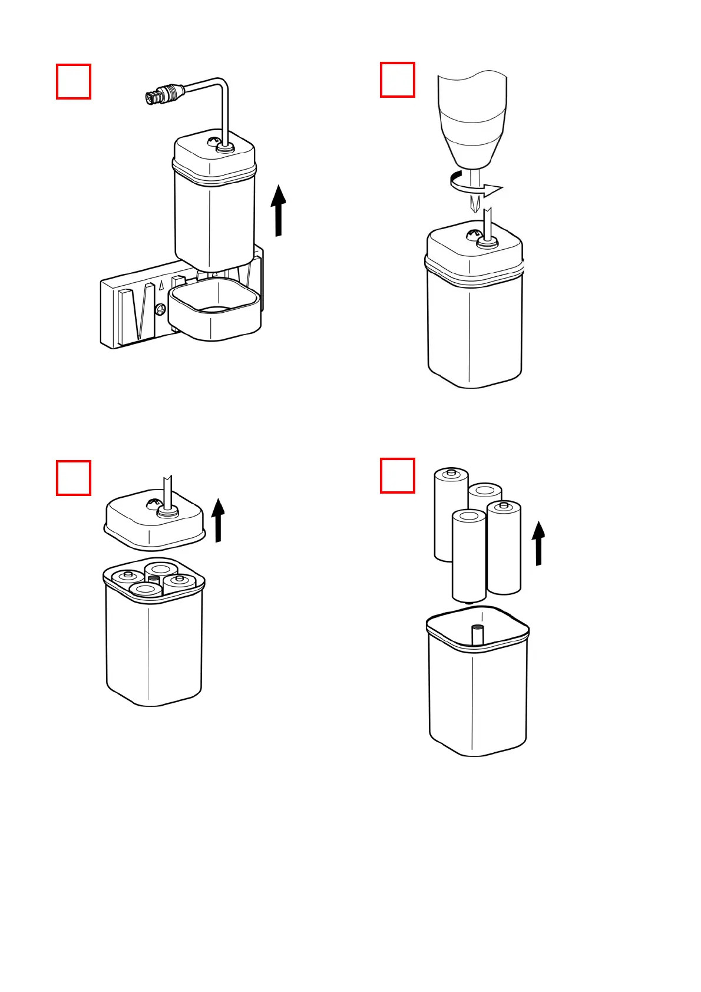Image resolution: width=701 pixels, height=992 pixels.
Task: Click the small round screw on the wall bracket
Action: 160,309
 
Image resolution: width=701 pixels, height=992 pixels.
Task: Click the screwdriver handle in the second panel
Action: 472,117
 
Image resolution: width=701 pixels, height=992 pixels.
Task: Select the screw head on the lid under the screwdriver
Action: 474,235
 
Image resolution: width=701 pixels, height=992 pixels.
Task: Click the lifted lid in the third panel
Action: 154,518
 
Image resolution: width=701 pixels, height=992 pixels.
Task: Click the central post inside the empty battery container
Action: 478,635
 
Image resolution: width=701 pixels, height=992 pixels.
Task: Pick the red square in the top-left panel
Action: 74,82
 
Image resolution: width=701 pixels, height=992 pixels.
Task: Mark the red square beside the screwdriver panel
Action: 398,80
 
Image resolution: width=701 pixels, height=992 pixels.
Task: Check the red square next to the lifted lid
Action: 74,478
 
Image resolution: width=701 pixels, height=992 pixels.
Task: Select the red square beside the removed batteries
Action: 398,475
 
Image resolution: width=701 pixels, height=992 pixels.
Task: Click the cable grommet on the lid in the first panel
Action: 224,147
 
